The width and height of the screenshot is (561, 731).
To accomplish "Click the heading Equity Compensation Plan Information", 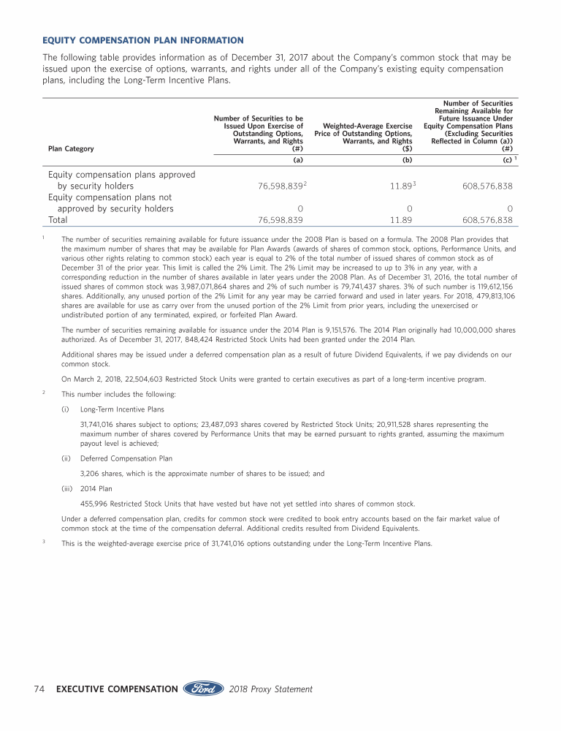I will tap(143, 39).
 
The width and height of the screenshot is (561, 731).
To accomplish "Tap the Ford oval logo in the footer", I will tap(202, 689).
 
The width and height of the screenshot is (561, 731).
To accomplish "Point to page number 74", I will tap(41, 689).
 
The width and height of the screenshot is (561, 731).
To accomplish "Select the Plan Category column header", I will tap(71, 148).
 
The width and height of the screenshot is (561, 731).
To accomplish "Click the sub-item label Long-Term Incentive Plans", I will tap(122, 409).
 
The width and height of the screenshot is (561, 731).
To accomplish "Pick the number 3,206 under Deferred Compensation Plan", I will tap(90, 473).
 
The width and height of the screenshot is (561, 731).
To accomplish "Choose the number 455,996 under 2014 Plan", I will tap(93, 504).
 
